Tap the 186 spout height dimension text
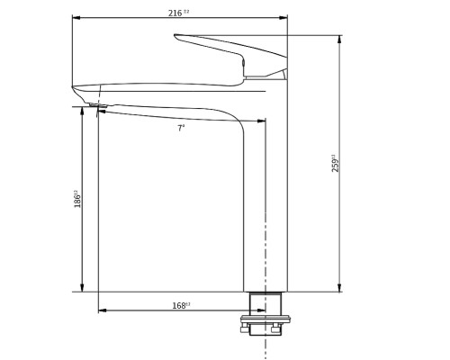coord(77,199)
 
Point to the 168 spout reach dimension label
coord(180,306)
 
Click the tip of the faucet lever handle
coord(178,38)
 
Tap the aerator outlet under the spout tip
coord(98,107)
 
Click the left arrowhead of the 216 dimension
coord(75,18)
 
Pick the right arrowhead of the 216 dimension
coord(285,18)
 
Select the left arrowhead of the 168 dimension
coord(100,310)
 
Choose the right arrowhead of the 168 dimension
coord(263,310)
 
